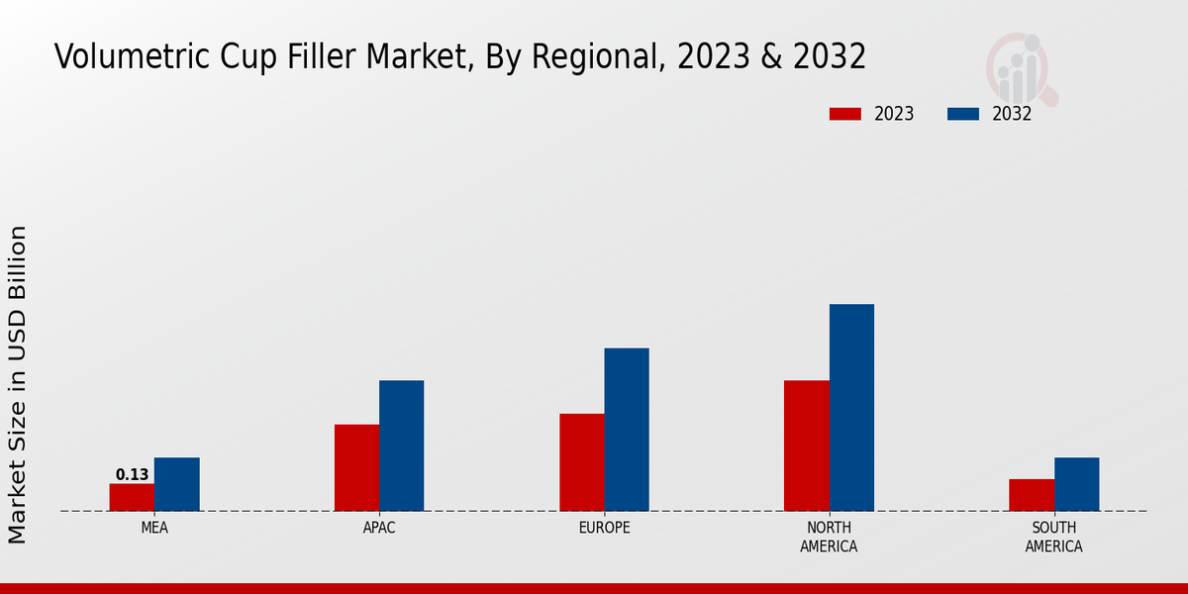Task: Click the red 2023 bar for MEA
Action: (132, 497)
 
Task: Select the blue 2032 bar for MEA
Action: (176, 484)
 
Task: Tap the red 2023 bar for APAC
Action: (356, 467)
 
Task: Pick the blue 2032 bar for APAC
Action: (401, 445)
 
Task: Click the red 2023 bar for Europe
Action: (581, 462)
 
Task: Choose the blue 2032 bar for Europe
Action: (627, 430)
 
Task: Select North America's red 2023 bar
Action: (806, 445)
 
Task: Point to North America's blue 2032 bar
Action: (851, 407)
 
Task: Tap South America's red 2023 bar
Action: (1032, 495)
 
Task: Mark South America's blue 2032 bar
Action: (1076, 484)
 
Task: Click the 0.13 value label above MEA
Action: (132, 475)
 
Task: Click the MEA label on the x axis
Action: (154, 528)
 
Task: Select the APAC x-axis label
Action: (379, 528)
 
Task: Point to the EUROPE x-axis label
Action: (604, 528)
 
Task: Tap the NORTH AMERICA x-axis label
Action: (829, 537)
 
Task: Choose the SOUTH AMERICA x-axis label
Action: (1053, 537)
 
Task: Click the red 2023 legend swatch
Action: (845, 114)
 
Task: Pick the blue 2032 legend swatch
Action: (963, 114)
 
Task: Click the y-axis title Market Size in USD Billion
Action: (18, 384)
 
